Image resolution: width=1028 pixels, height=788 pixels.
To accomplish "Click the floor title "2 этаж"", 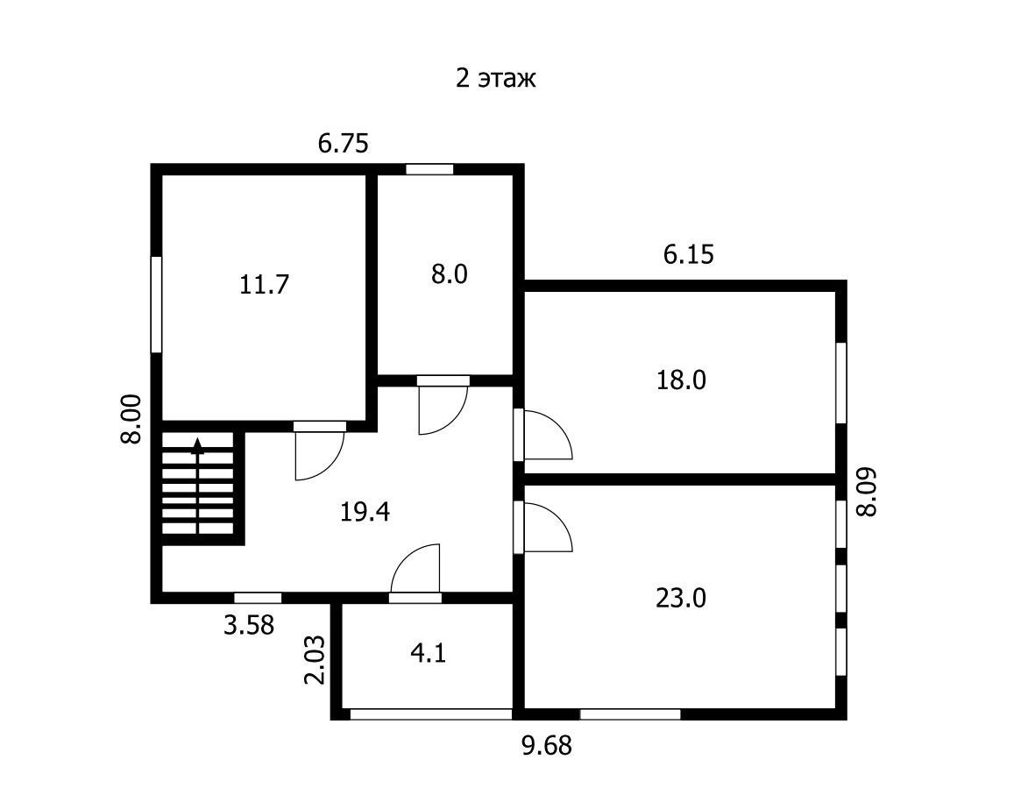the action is tap(496, 78).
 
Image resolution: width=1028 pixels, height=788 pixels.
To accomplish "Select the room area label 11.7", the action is tap(264, 285).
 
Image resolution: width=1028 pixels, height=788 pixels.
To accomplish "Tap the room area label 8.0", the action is tap(449, 274).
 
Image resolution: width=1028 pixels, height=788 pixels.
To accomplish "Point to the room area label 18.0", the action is tap(681, 380).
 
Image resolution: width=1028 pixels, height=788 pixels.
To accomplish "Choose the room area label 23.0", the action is tap(681, 598).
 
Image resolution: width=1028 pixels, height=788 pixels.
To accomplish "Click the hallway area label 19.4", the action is tap(365, 511).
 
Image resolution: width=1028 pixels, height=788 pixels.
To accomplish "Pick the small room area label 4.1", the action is tap(429, 654).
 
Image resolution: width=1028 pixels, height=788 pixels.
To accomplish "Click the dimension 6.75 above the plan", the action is tap(344, 143).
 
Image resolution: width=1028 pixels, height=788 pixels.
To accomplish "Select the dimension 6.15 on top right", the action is tap(688, 253).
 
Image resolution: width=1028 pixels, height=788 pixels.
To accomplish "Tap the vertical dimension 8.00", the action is tap(131, 420).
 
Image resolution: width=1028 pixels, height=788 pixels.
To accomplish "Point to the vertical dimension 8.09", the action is tap(867, 492).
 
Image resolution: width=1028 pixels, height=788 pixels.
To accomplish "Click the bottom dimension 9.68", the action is tap(547, 745).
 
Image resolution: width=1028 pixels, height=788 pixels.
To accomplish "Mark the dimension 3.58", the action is tap(249, 625).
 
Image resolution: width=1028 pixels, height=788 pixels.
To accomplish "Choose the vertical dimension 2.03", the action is tap(315, 660).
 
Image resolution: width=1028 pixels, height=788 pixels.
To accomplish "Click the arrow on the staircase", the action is tap(197, 485).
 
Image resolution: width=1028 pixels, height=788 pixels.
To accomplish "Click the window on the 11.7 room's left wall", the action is tap(156, 304).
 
